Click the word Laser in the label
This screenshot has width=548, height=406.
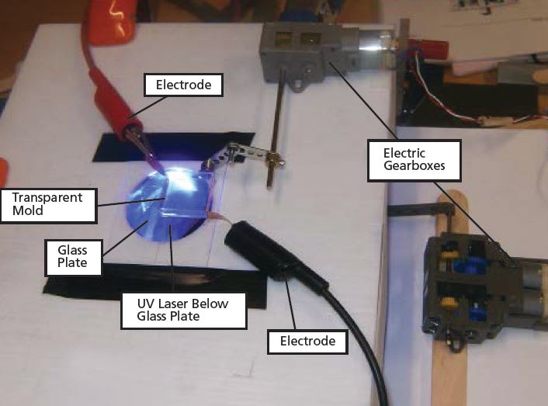[x=187, y=304]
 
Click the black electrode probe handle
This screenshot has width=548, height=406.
[x=268, y=253]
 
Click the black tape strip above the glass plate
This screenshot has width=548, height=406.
[x=155, y=147]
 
